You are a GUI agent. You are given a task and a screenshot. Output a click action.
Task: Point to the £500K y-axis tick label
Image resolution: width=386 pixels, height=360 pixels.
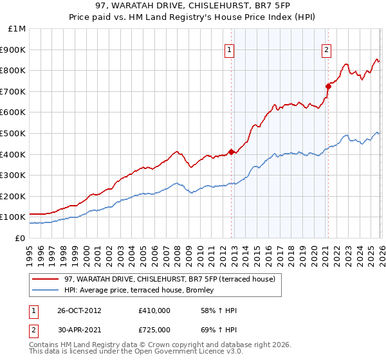pyautogui.click(x=14, y=133)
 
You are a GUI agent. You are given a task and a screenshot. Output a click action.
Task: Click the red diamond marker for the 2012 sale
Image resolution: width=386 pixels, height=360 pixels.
pyautogui.click(x=231, y=152)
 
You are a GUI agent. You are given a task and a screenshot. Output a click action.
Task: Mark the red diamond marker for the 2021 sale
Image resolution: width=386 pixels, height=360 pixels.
pyautogui.click(x=327, y=85)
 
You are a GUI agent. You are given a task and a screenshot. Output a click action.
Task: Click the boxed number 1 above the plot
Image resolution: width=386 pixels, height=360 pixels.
pyautogui.click(x=230, y=50)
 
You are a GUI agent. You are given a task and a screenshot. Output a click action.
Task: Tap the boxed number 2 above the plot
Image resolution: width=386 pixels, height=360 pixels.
pyautogui.click(x=326, y=50)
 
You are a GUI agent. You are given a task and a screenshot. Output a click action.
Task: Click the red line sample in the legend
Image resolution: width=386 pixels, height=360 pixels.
pyautogui.click(x=46, y=279)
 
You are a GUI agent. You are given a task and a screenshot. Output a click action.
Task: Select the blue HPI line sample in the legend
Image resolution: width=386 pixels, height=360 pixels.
pyautogui.click(x=46, y=291)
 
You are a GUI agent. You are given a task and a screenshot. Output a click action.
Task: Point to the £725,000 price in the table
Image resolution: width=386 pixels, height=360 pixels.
pyautogui.click(x=154, y=330)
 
